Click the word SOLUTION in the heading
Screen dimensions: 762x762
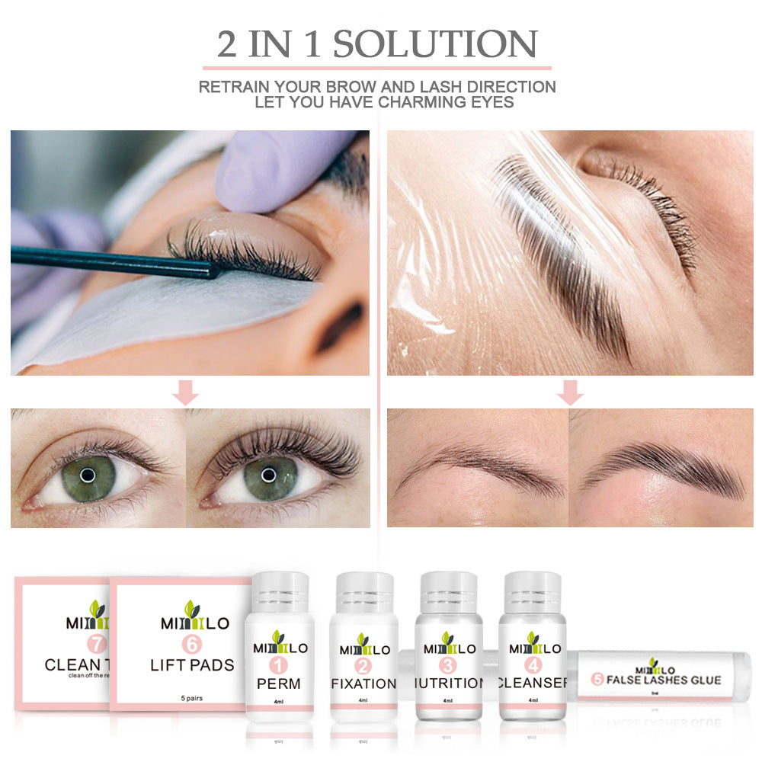[x=435, y=44]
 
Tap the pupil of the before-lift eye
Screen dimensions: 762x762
[x=88, y=475]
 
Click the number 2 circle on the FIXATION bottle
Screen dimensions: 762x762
[x=363, y=666]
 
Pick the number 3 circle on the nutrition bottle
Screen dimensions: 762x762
[x=449, y=666]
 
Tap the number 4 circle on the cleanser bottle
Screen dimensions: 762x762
[x=533, y=666]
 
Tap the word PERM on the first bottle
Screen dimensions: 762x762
[x=279, y=684]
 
